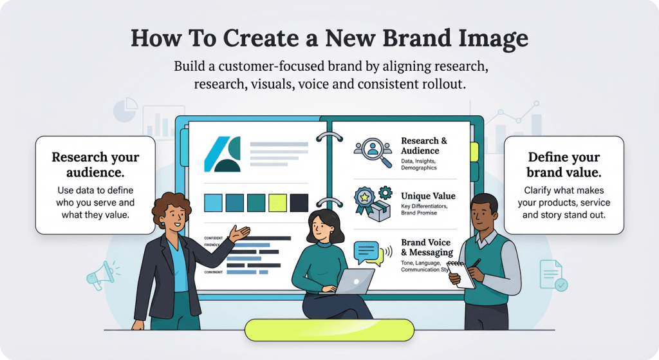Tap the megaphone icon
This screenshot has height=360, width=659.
(98, 275)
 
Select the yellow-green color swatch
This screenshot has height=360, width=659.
(277, 203)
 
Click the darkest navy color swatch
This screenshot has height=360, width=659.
(299, 203)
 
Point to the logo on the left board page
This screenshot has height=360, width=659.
(222, 154)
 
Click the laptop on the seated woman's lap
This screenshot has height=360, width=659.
(355, 281)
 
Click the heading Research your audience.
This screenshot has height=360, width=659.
(95, 165)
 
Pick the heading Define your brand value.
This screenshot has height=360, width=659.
(564, 165)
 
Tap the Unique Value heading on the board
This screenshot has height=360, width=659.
(428, 196)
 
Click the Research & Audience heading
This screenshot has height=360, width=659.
(424, 146)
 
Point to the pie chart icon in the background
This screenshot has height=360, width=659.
(125, 110)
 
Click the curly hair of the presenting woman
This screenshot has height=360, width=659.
(171, 207)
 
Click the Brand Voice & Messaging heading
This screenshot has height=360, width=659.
(427, 247)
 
